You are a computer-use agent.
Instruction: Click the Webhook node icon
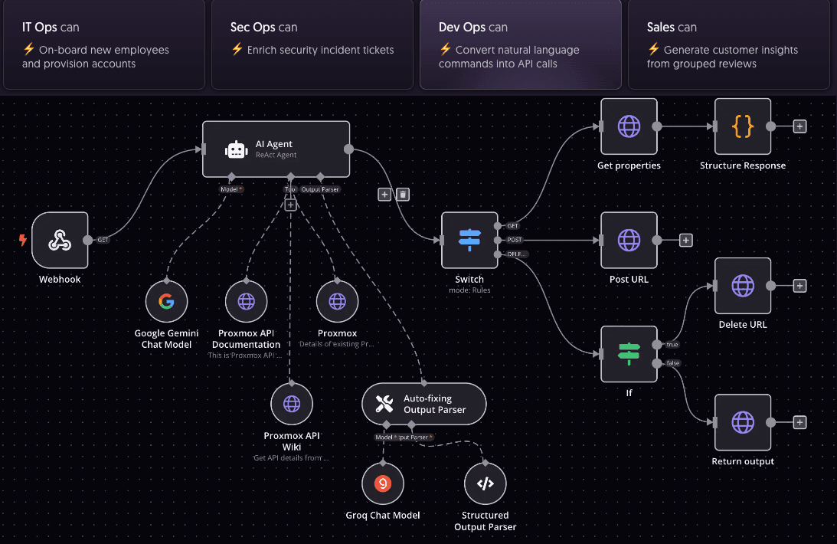60,241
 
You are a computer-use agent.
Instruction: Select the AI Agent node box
276,149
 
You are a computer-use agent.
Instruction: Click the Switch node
469,241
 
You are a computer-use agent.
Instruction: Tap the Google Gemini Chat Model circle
166,301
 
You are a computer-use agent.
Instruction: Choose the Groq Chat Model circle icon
383,483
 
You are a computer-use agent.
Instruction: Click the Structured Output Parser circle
485,483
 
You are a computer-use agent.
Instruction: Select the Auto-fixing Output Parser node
423,404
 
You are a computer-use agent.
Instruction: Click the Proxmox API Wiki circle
292,404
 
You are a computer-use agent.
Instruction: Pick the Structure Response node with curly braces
742,127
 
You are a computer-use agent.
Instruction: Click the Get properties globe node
629,127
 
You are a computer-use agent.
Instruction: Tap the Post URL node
629,241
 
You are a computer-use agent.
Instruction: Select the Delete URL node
742,286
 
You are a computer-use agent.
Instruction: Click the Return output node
742,422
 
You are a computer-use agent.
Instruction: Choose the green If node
629,353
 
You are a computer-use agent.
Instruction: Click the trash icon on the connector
403,195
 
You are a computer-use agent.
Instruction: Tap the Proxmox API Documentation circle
246,301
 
